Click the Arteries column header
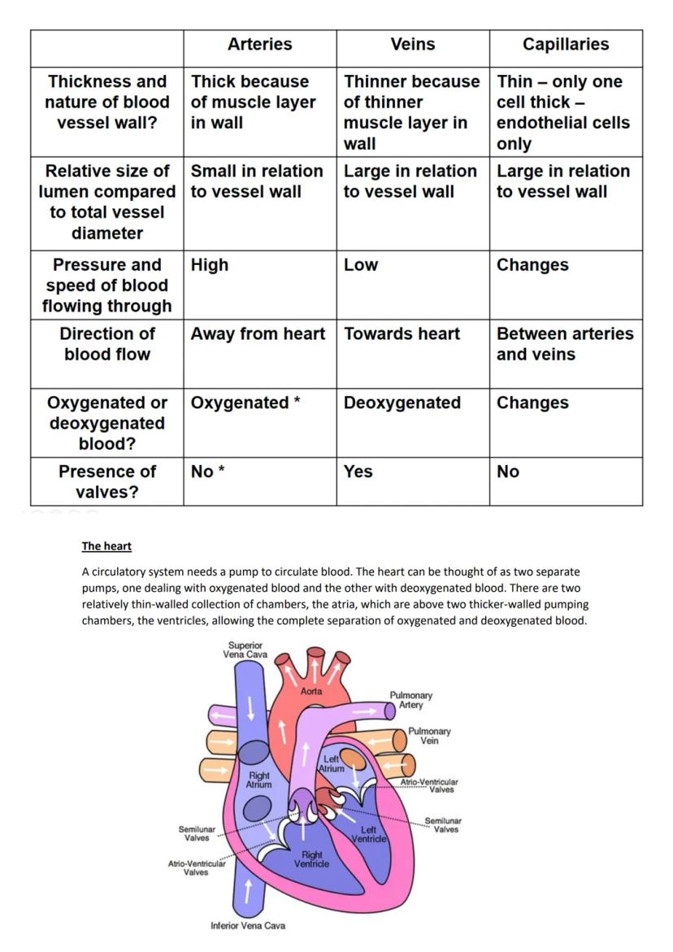[x=259, y=45]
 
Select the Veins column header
[x=412, y=45]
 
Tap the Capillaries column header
[x=565, y=45]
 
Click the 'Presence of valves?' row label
[x=106, y=481]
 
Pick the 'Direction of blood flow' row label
[x=106, y=344]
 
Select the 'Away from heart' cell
[x=258, y=334]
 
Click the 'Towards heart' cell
[x=402, y=334]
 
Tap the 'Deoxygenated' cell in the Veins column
[x=402, y=403]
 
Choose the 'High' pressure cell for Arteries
[x=210, y=265]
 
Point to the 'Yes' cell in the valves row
[x=358, y=472]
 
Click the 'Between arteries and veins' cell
[x=564, y=344]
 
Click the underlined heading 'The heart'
[x=106, y=546]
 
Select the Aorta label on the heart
[x=311, y=691]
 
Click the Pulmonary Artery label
[x=410, y=700]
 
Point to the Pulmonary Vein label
[x=429, y=736]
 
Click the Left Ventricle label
[x=368, y=834]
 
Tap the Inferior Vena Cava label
[x=248, y=925]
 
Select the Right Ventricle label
[x=312, y=859]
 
